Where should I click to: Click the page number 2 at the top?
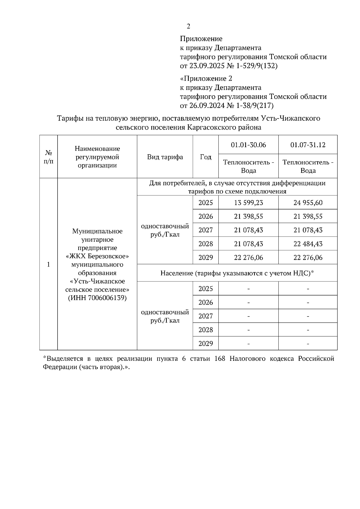click(188, 26)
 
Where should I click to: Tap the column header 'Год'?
click(205, 157)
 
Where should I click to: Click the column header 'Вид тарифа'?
click(165, 157)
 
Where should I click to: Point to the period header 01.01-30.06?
click(248, 145)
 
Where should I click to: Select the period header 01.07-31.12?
click(307, 145)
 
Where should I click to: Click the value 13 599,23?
click(248, 203)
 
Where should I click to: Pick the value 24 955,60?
click(308, 203)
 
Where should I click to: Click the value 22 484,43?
click(308, 244)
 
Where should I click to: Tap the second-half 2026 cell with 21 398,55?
click(308, 216)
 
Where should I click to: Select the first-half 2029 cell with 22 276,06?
click(248, 257)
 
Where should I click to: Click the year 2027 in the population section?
click(205, 316)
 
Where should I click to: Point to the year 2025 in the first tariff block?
click(205, 203)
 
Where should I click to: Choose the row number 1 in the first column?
click(48, 264)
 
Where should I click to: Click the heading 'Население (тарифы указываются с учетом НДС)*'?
click(237, 273)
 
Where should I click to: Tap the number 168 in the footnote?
click(220, 359)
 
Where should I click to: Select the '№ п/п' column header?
click(48, 157)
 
